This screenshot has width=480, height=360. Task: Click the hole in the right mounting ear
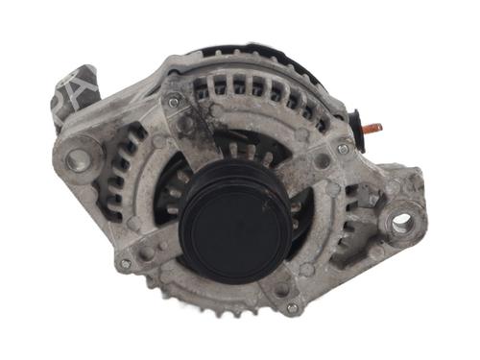[402, 223]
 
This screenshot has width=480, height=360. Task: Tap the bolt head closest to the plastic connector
[174, 101]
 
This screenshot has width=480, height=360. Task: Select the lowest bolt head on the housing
[292, 308]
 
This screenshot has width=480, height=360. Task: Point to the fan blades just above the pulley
[240, 154]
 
